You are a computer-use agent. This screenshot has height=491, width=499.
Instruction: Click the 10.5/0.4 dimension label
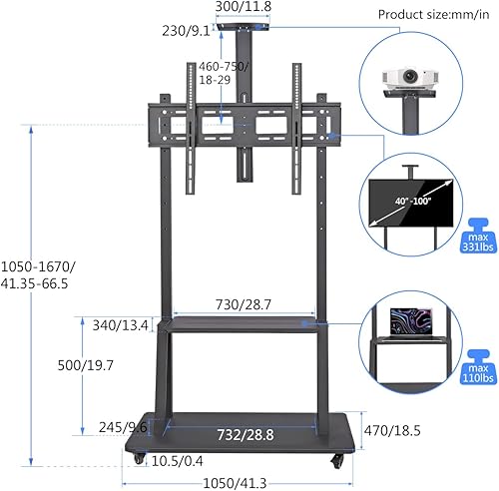pos(178,461)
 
